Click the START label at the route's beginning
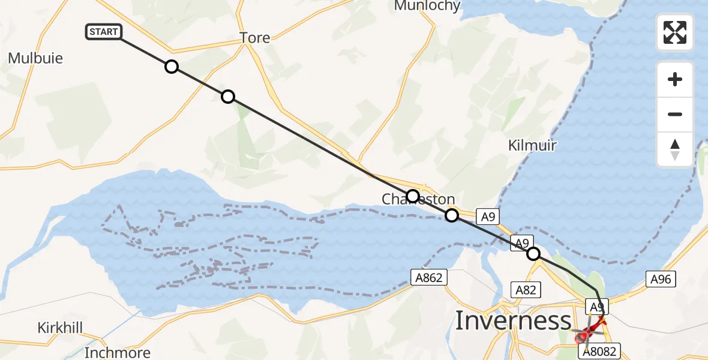tap(104, 32)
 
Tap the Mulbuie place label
tap(35, 58)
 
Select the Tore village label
tap(255, 38)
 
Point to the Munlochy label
tap(427, 6)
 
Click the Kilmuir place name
tap(532, 145)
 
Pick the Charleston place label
tap(418, 199)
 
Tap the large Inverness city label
tap(513, 321)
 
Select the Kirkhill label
tap(60, 328)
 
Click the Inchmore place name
tap(118, 352)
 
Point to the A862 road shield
tap(429, 277)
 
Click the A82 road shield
tap(525, 290)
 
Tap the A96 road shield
tap(662, 278)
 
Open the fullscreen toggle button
tap(675, 32)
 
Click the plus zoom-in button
tap(675, 79)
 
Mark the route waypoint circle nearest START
tap(172, 67)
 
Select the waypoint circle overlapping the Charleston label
tap(412, 196)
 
